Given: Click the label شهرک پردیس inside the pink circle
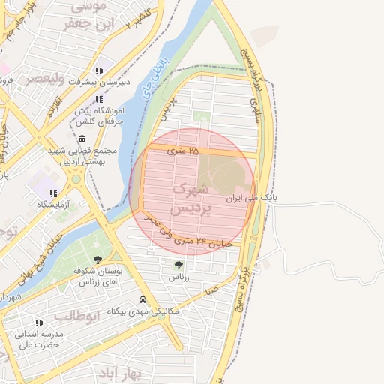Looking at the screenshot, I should click(192, 199).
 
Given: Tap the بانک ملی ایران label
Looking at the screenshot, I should click(251, 200).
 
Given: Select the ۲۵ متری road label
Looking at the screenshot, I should click(184, 151).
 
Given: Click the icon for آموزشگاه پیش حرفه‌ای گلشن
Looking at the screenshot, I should click(100, 98).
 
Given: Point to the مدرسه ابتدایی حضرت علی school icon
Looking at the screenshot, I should click(39, 322).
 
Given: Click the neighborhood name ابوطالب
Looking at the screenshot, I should click(76, 315).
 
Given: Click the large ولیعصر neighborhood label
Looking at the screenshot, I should click(48, 79).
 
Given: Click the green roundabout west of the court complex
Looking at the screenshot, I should click(75, 179).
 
